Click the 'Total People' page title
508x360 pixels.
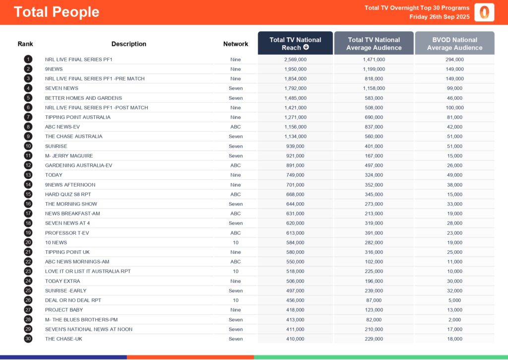(57, 12)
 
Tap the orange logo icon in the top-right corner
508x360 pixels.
(484, 12)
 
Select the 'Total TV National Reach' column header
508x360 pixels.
(295, 43)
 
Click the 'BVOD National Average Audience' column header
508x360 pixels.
(454, 43)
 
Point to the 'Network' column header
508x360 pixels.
(236, 44)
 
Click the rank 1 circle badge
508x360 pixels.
(28, 60)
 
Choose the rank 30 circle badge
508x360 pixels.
(28, 339)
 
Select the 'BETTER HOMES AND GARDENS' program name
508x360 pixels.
(83, 98)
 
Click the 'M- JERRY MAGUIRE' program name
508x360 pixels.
(69, 156)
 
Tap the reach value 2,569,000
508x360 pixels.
(295, 60)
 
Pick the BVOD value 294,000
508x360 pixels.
(454, 60)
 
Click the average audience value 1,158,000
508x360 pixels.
(374, 88)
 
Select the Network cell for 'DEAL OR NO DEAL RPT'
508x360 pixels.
(236, 300)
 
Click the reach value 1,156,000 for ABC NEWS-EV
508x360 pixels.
(295, 127)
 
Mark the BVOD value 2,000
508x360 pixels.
(454, 320)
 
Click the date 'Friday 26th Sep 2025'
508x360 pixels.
(440, 17)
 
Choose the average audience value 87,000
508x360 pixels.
(374, 300)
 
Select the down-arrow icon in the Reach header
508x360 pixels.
(306, 48)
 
